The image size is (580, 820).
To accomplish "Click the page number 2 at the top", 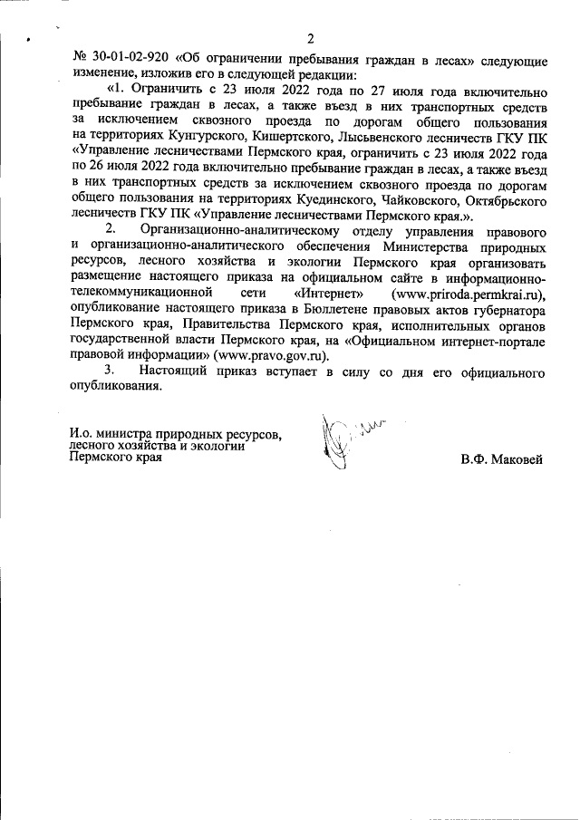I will [310, 39].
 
